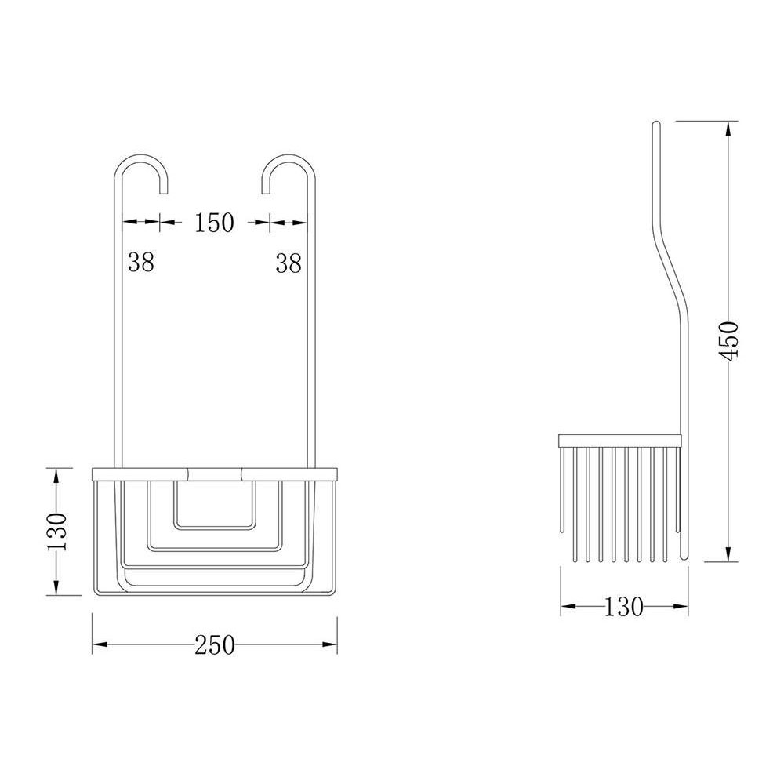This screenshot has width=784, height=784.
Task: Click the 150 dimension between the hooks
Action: pyautogui.click(x=214, y=223)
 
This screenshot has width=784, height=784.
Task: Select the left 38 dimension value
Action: pyautogui.click(x=141, y=263)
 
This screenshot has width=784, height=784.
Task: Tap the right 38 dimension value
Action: pyautogui.click(x=289, y=263)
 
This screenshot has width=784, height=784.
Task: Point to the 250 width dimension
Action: pyautogui.click(x=215, y=644)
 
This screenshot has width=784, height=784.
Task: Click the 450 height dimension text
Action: pyautogui.click(x=730, y=340)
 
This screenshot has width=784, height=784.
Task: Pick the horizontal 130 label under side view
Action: pyautogui.click(x=624, y=606)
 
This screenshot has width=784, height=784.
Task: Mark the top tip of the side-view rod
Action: pyautogui.click(x=657, y=123)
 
